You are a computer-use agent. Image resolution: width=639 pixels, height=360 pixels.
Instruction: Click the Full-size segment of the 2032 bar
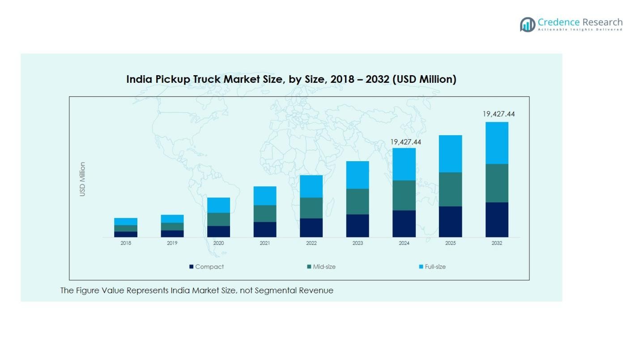point(497,143)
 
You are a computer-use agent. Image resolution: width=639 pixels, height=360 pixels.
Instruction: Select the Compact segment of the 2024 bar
point(404,223)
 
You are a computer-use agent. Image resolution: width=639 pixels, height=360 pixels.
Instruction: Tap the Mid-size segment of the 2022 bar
point(311,208)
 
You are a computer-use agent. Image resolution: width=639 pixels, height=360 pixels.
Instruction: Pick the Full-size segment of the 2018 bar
point(126,222)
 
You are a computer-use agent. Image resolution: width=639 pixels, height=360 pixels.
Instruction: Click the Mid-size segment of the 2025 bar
point(450,189)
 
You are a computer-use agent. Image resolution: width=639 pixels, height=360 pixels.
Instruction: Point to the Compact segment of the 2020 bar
point(218,231)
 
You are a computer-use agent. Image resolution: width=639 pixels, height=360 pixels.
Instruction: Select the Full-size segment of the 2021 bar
point(265,196)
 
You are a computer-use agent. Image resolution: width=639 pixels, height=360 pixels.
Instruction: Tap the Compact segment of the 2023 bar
point(358,225)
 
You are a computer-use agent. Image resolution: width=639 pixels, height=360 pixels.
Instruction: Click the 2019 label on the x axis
point(172,243)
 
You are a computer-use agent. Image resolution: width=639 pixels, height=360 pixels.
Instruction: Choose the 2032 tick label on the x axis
point(497,243)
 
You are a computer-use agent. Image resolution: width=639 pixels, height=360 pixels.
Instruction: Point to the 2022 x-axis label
point(311,243)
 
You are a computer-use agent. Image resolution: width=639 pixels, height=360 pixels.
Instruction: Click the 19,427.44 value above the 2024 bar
point(406,142)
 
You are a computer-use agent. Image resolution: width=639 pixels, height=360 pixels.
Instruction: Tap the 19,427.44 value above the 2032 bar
point(498,114)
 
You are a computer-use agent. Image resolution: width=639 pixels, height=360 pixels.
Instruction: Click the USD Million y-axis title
point(82,179)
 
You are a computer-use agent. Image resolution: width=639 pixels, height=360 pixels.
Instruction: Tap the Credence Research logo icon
point(528,24)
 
